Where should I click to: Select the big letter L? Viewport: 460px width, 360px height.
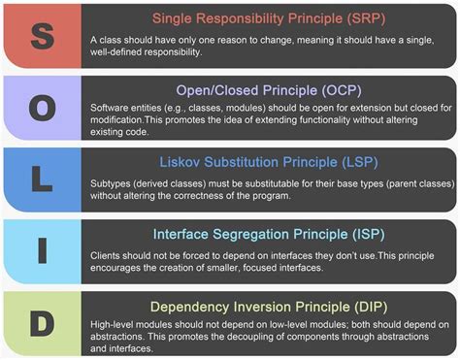[40, 180]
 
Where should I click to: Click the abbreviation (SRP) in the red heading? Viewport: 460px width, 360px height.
[358, 18]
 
